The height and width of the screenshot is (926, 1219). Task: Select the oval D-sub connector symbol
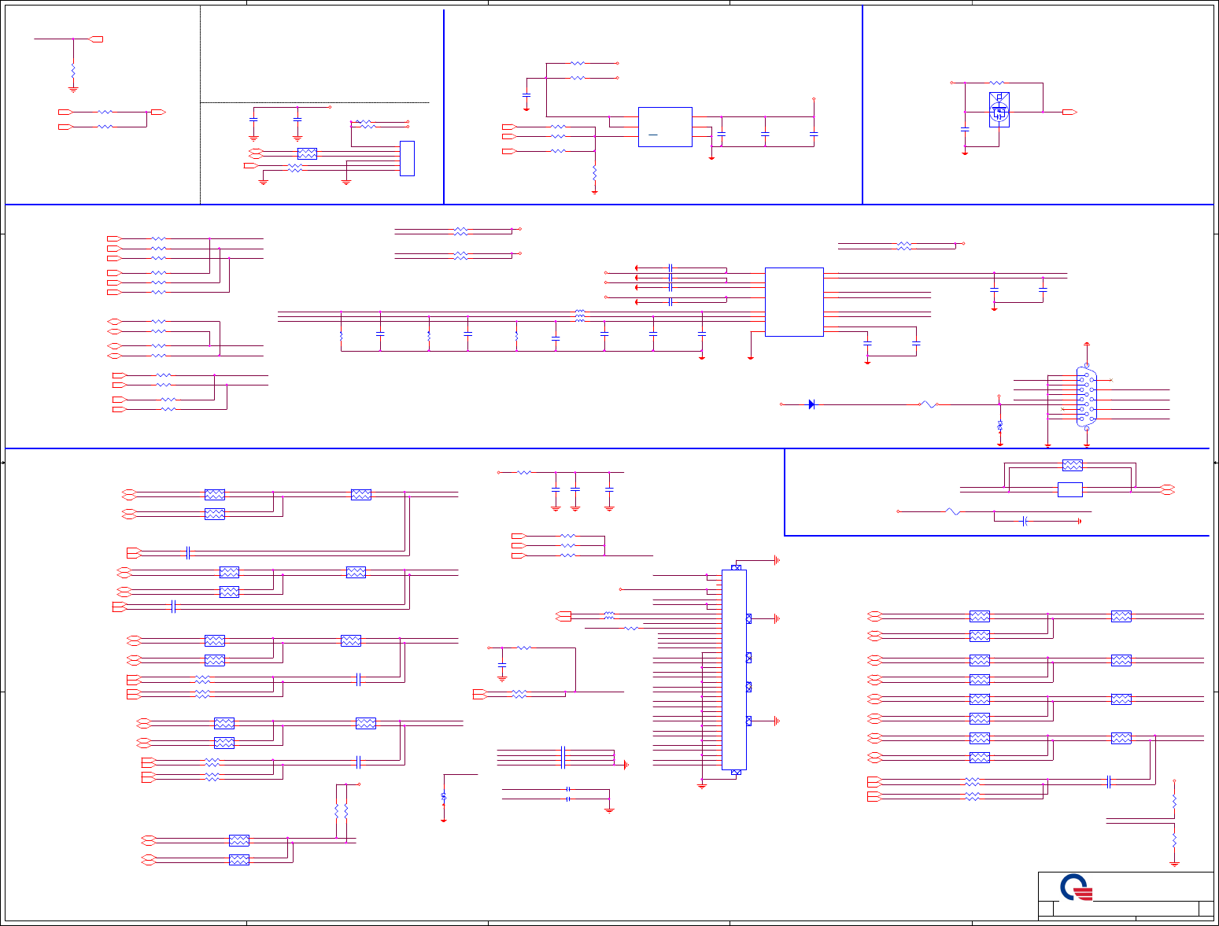coord(1086,397)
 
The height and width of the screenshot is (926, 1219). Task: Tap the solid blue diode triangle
coord(811,404)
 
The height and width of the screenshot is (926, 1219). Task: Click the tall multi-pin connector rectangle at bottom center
coord(733,669)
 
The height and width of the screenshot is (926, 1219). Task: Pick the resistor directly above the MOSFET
coord(997,83)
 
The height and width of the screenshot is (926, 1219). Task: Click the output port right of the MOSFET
coord(1069,113)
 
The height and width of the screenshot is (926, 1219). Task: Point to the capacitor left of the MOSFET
coord(965,127)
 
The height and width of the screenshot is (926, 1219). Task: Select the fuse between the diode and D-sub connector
coord(929,404)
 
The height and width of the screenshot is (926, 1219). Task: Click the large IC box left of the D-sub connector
coord(794,302)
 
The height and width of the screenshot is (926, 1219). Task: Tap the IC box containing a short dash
coord(665,127)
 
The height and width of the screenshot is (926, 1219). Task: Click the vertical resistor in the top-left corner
coord(73,71)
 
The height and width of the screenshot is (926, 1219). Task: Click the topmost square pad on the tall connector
coord(737,567)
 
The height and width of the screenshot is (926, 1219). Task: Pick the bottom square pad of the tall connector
coord(737,773)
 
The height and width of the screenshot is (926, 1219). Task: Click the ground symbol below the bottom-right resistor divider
coord(1174,863)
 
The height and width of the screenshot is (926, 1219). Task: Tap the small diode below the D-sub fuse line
coord(1000,425)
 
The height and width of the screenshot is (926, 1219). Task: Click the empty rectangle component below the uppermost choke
coord(1070,489)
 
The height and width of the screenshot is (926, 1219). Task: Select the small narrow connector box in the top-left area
coord(407,158)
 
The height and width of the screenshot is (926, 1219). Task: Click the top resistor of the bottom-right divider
coord(1174,800)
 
